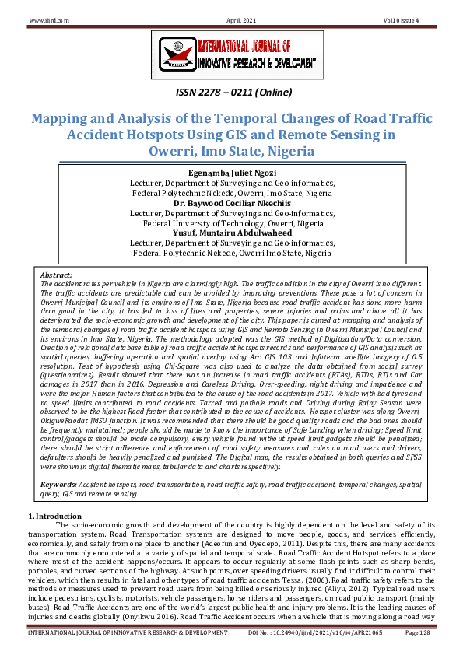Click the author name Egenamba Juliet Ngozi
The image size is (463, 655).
(231, 172)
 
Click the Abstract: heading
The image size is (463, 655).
(57, 275)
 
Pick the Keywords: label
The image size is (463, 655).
(61, 440)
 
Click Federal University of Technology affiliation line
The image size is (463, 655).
(231, 222)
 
